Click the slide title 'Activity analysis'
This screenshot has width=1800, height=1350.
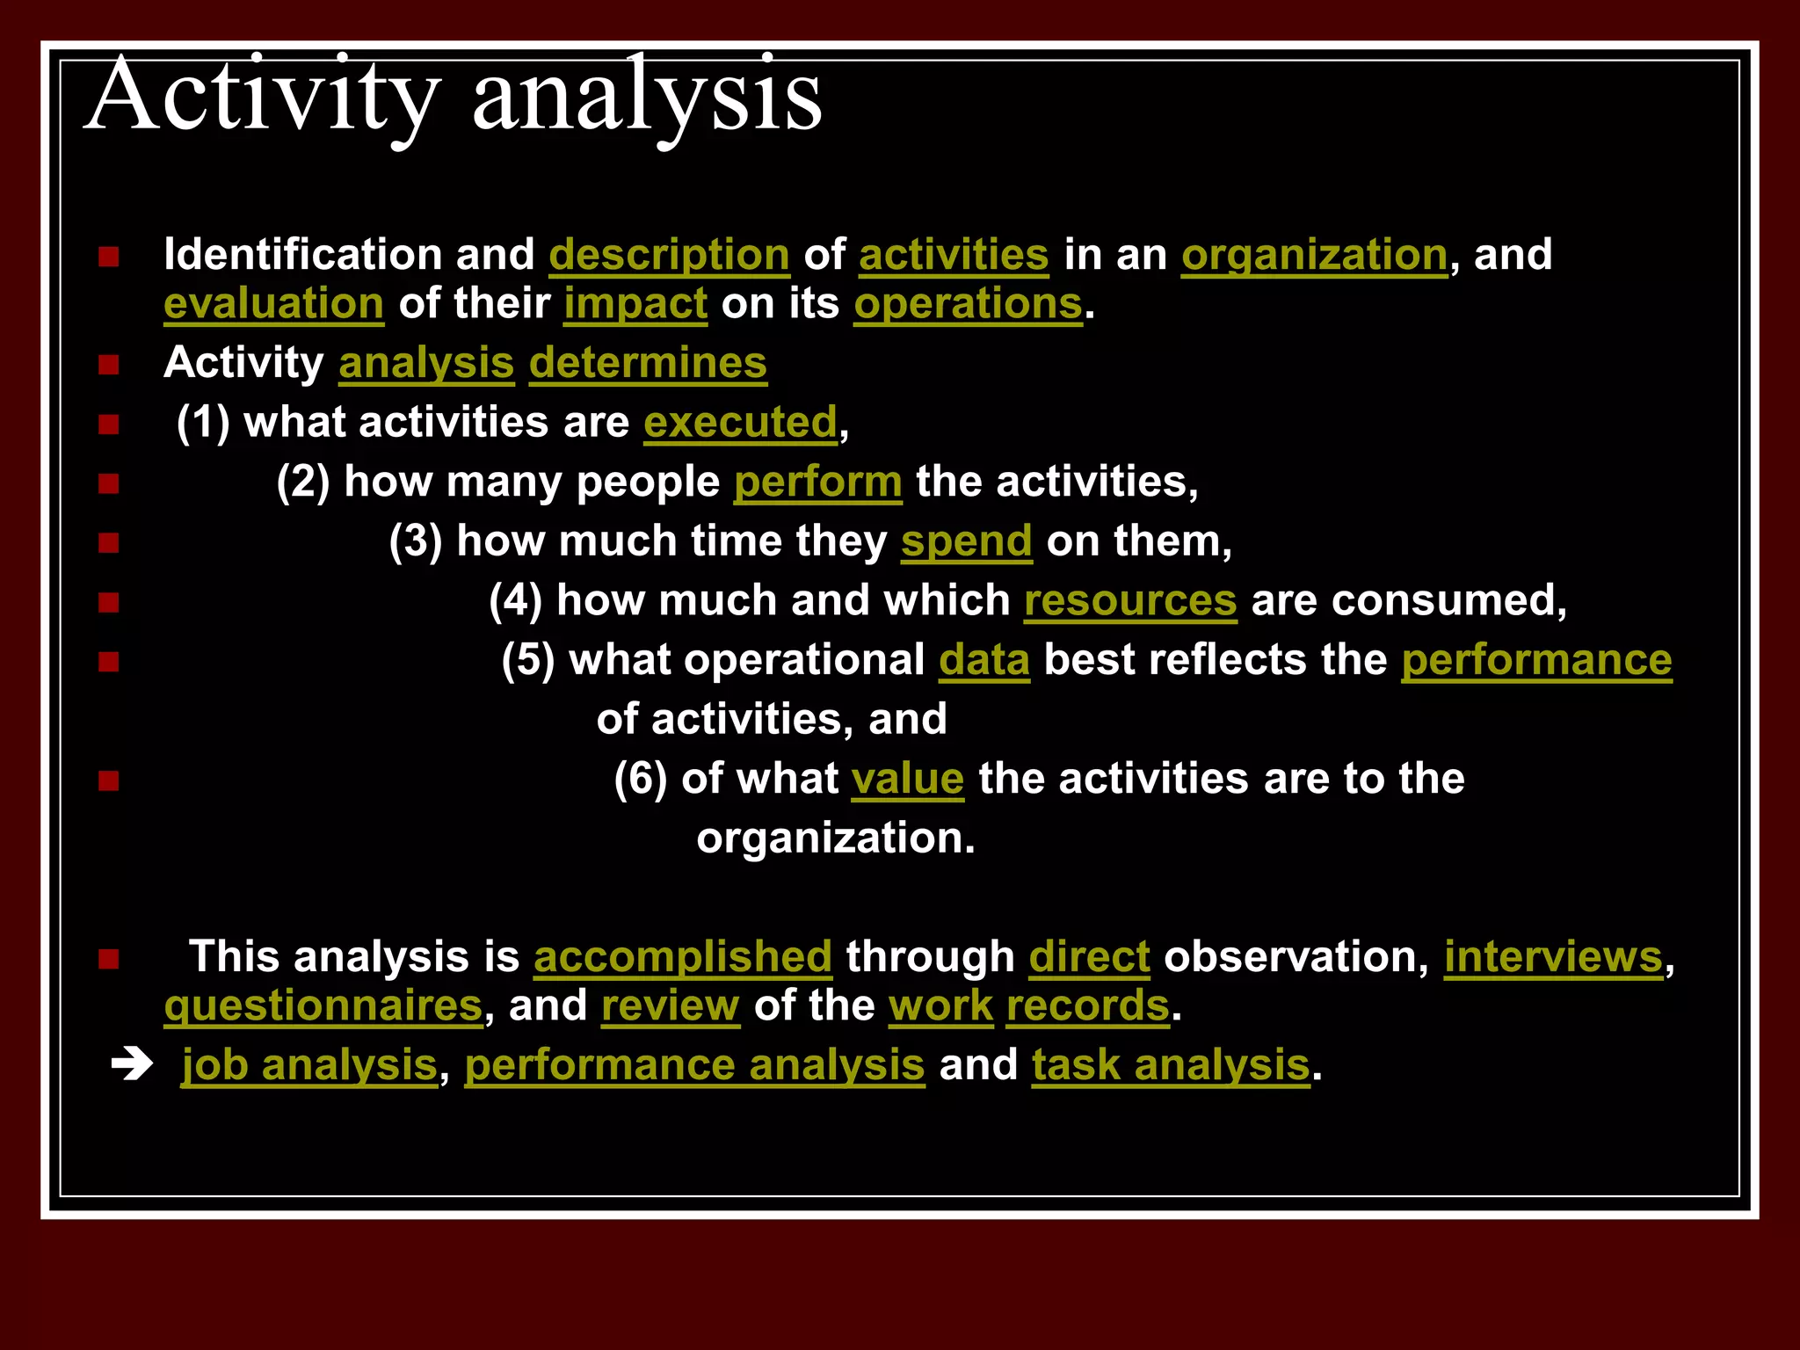coord(453,97)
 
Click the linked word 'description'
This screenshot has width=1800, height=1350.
coord(669,256)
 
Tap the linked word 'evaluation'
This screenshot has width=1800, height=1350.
coord(273,304)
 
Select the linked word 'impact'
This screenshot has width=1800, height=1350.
coord(635,304)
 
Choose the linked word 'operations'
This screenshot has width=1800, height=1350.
coord(968,304)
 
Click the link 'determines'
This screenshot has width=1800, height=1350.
coord(648,363)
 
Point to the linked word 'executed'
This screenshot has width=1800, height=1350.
coord(740,423)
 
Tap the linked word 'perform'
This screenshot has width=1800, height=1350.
coord(817,483)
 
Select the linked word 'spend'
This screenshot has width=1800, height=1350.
coord(966,541)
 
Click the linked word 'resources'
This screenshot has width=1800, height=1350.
coord(1130,601)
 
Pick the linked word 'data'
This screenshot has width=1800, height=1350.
coord(983,660)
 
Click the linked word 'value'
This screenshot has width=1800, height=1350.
coord(907,780)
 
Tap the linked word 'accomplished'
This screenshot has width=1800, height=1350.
coord(682,957)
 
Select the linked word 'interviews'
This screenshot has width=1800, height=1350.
coord(1553,957)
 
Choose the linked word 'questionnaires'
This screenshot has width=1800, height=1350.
coord(323,1006)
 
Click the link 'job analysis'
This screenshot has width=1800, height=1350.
coord(309,1065)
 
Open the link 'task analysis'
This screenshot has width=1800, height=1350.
coord(1171,1065)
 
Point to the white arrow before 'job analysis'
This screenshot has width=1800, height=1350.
coord(132,1066)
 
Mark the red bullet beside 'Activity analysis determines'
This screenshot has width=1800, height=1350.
coord(109,365)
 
